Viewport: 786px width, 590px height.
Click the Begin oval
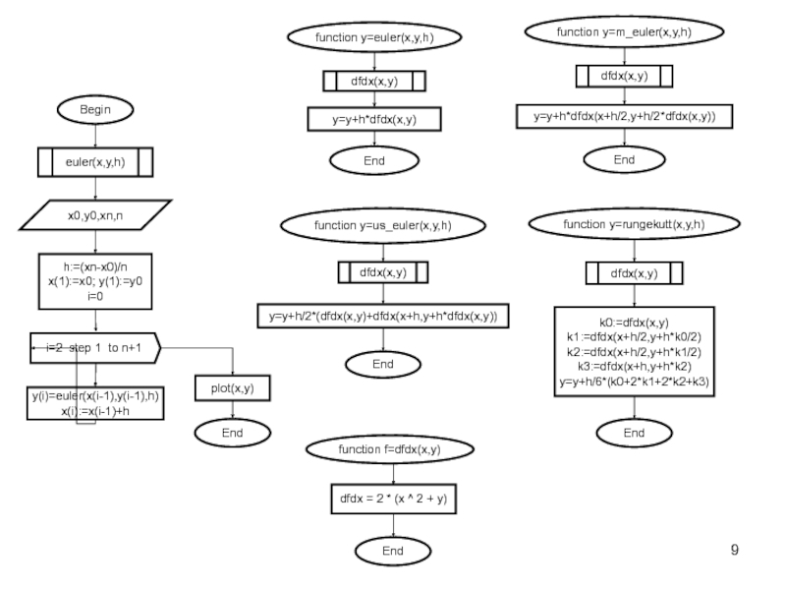point(95,109)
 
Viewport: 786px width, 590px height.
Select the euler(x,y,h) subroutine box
point(95,162)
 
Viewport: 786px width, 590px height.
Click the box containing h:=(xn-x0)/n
point(95,281)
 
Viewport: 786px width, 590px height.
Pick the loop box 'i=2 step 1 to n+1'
point(95,348)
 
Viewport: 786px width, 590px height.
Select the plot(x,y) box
point(233,388)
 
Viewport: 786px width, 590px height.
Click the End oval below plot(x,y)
point(233,433)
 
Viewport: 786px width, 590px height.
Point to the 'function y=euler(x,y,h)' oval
point(374,37)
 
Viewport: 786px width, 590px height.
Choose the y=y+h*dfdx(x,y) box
point(374,119)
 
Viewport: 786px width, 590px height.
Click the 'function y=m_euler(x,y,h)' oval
point(624,32)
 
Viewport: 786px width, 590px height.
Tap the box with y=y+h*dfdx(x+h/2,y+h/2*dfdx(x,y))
point(625,116)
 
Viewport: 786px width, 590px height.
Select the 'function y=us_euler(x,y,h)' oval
point(383,226)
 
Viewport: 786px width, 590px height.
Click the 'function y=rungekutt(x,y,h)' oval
point(634,224)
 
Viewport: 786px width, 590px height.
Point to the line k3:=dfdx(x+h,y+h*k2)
point(634,367)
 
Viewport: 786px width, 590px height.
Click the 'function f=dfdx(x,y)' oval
point(390,449)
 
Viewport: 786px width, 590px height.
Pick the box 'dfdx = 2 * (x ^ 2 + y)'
point(394,499)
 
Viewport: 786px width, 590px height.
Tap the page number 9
point(734,550)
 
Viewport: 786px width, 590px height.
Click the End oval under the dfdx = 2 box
point(393,551)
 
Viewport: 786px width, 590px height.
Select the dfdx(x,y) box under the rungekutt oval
point(634,273)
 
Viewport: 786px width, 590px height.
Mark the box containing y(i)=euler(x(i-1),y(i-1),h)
point(95,403)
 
